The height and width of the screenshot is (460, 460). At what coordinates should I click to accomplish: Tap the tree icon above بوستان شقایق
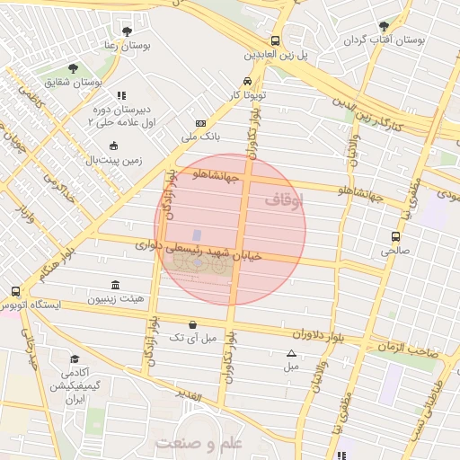tap(72, 67)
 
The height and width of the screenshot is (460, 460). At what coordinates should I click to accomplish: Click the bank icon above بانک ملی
tap(199, 123)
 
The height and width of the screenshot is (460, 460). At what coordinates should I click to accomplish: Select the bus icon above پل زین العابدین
tap(275, 40)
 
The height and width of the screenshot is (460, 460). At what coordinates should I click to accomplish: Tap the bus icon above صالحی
tap(395, 236)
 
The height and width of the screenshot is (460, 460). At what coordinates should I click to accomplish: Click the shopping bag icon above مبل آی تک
tap(192, 324)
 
